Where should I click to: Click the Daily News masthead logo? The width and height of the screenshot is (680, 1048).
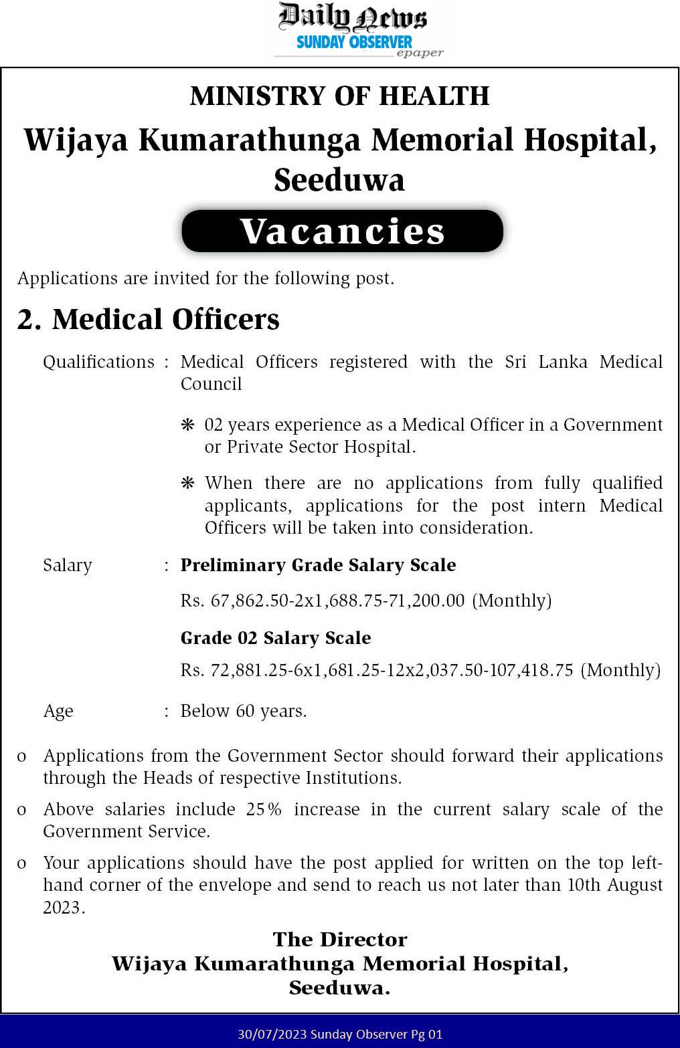click(x=352, y=17)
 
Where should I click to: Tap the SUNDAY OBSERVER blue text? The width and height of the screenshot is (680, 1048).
click(x=354, y=42)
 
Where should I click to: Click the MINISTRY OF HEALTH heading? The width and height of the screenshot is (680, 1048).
click(x=339, y=96)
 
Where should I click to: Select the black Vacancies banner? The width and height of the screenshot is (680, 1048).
click(x=342, y=231)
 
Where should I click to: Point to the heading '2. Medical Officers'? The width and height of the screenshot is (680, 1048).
click(x=148, y=320)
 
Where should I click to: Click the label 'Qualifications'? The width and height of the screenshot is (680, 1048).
click(x=98, y=362)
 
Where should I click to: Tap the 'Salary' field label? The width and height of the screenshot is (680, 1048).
click(x=68, y=565)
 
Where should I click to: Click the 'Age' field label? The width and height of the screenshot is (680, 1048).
click(x=58, y=711)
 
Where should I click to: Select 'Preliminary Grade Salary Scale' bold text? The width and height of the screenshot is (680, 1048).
click(x=318, y=565)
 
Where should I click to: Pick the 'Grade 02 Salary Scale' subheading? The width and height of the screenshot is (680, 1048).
click(x=276, y=638)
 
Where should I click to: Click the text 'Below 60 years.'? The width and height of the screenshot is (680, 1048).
click(x=244, y=711)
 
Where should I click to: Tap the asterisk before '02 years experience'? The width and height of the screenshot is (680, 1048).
click(x=188, y=425)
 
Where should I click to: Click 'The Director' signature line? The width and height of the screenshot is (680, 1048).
click(x=339, y=940)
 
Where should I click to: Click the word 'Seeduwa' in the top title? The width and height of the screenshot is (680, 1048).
click(x=339, y=181)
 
